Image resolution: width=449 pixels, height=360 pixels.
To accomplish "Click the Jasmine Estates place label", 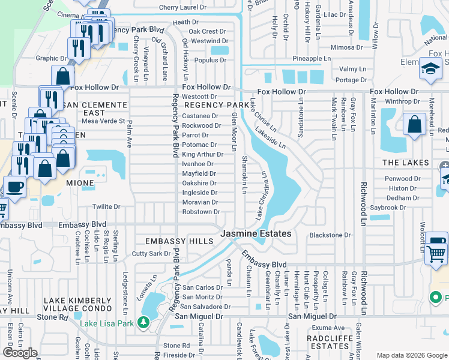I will (x=256, y=233).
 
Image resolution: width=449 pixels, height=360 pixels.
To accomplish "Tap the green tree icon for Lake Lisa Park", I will (x=144, y=323).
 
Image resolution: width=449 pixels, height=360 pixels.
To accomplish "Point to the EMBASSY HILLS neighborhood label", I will (x=179, y=241).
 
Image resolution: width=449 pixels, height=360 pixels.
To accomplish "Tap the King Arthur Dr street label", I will (x=202, y=154).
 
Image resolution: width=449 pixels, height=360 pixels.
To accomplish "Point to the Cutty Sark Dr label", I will (x=152, y=254).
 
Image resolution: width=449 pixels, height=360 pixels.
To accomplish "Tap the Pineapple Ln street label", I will (x=312, y=58).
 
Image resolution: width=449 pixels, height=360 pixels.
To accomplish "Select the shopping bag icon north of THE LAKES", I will (x=415, y=126).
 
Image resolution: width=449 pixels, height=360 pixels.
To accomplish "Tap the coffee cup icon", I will (x=15, y=186).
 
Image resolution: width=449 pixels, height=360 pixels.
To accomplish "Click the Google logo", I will (x=20, y=353).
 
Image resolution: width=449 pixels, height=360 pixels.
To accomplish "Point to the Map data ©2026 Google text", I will (x=411, y=355).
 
